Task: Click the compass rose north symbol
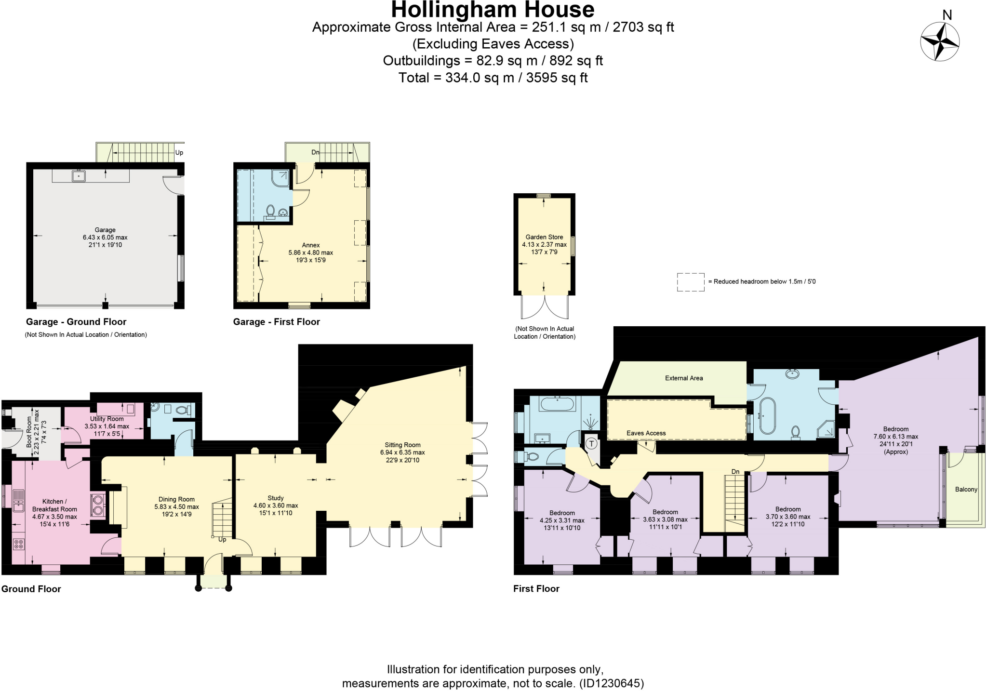click(x=939, y=41)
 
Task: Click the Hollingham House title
click(x=493, y=10)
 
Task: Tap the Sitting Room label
click(x=402, y=445)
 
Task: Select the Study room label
click(x=276, y=498)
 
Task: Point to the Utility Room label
click(x=107, y=419)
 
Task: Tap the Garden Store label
click(x=544, y=237)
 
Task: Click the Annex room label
click(x=311, y=245)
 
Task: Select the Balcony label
click(x=966, y=489)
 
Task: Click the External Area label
click(x=683, y=378)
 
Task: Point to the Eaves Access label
click(x=646, y=433)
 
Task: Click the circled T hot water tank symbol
click(x=591, y=443)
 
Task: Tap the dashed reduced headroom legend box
click(x=690, y=282)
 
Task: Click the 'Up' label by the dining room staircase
click(x=222, y=540)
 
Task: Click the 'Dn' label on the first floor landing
click(x=735, y=472)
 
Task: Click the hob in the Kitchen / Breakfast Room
click(x=19, y=545)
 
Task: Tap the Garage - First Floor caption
click(x=276, y=322)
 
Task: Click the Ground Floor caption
click(x=31, y=589)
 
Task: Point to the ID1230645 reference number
click(x=611, y=683)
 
